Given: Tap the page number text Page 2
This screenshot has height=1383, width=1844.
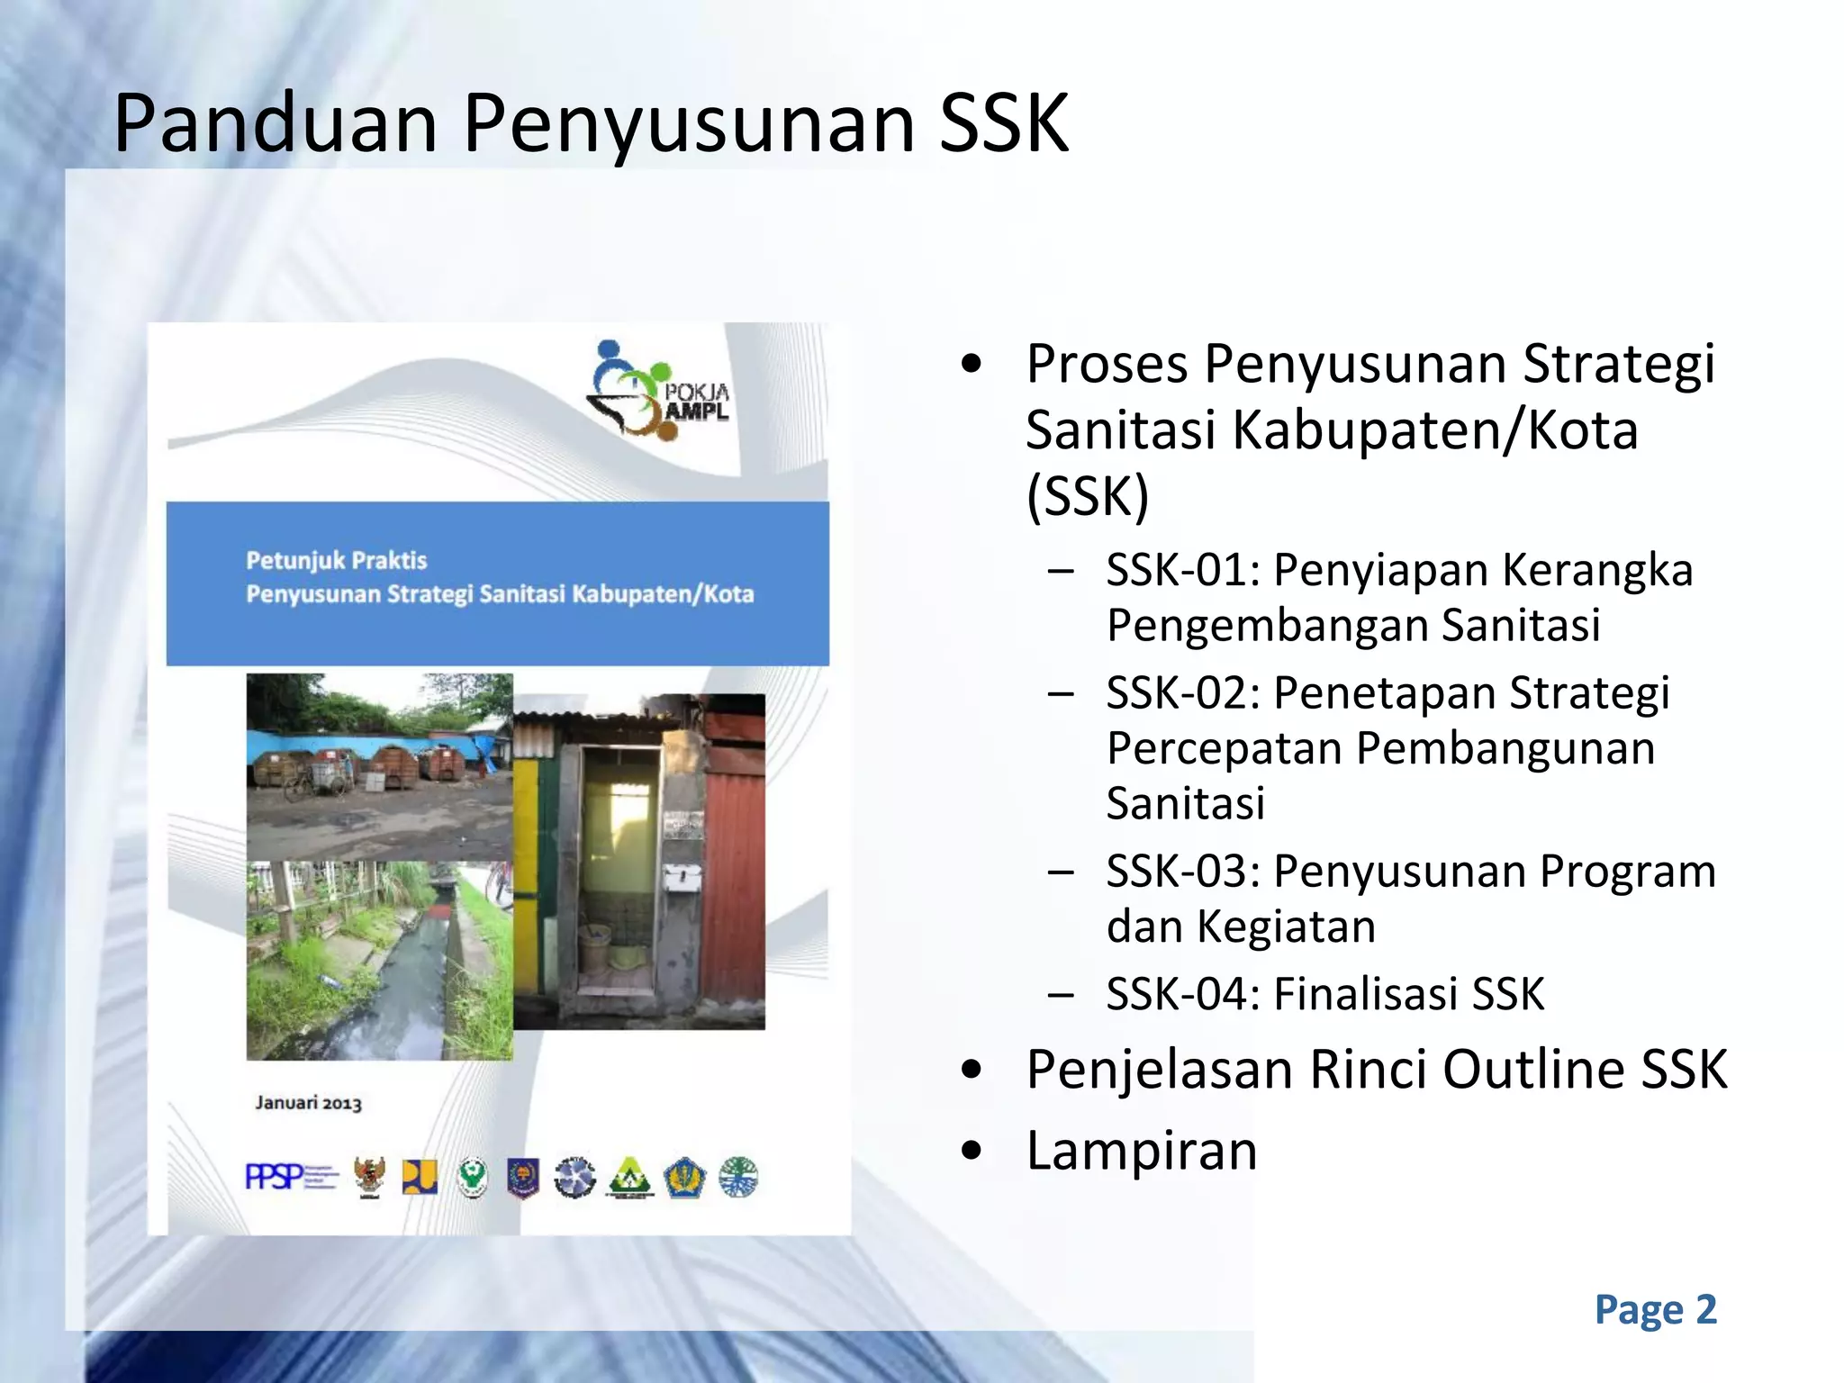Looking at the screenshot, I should click(1655, 1310).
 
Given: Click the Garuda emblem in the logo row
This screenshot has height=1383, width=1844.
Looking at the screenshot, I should click(369, 1176).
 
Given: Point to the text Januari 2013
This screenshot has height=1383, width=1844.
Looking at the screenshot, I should click(308, 1103).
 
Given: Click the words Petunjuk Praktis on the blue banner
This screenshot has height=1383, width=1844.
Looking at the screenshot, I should click(336, 560).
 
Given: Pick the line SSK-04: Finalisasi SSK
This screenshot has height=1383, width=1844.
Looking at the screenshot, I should click(1324, 994).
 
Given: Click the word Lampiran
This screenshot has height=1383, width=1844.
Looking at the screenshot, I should click(1141, 1151).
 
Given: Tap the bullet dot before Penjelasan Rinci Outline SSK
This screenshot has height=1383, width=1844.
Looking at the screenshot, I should click(971, 1070).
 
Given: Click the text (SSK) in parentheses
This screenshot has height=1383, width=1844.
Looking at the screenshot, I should click(1087, 495).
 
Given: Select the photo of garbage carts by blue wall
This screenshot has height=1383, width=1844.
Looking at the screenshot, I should click(379, 765).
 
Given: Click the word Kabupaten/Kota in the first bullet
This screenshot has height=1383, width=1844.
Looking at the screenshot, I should click(1434, 429).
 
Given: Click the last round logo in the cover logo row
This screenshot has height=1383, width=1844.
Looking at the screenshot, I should click(738, 1176).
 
